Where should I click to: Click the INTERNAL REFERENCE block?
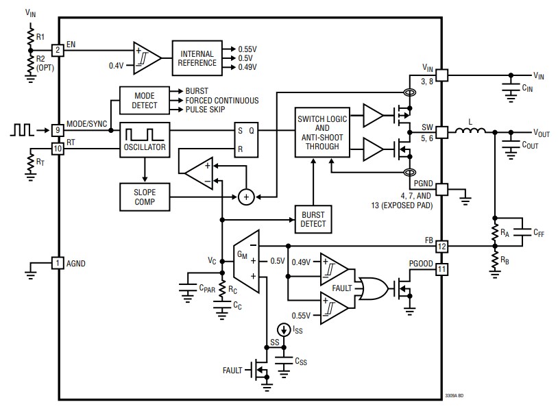(198, 58)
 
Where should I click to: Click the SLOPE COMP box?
(144, 197)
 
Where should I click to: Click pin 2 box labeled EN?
(58, 49)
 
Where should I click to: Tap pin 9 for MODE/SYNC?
(58, 129)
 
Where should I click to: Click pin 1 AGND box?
(58, 263)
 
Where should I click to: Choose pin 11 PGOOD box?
(442, 269)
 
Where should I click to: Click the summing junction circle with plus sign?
(246, 197)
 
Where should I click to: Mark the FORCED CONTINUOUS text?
(222, 100)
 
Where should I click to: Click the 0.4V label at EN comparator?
(117, 65)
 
